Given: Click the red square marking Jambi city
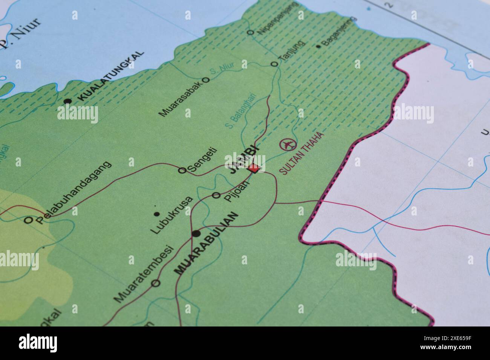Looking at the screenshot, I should (255, 168).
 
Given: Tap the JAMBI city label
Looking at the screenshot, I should (243, 159).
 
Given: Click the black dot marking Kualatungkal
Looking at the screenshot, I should (68, 101).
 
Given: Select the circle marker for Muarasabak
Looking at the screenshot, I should (206, 80).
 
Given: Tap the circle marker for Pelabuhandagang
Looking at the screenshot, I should (28, 220).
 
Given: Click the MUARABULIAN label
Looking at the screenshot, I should (207, 243).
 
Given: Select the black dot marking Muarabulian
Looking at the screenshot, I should (196, 234).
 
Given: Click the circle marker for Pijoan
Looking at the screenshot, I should (216, 195).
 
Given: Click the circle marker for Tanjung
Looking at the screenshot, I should (275, 64).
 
